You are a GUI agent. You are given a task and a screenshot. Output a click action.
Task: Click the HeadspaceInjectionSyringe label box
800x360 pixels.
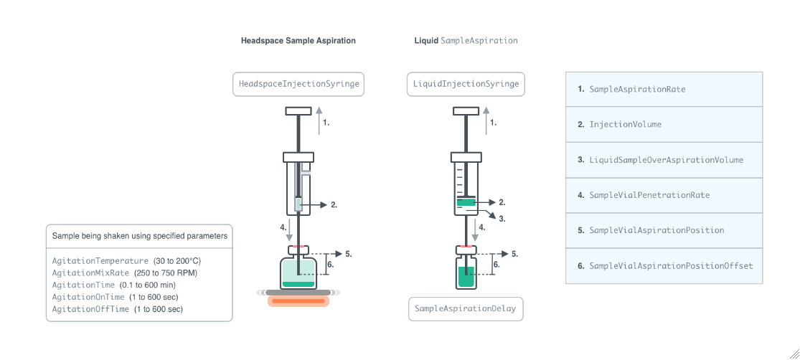[x=299, y=84]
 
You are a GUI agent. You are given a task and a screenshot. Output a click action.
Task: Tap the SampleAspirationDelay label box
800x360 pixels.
[x=466, y=309]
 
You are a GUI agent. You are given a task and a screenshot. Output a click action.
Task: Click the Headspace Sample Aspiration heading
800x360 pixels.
[x=298, y=41]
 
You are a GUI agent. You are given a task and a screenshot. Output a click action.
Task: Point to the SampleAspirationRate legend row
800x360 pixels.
[x=664, y=90]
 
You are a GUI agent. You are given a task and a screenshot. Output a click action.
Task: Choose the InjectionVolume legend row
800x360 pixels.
[x=664, y=125]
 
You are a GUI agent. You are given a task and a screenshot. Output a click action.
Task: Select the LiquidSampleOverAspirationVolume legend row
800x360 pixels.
[x=664, y=160]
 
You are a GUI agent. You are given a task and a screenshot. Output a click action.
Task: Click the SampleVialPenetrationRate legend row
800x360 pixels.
[x=664, y=195]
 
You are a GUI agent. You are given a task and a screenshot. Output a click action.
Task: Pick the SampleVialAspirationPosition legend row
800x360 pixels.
[x=664, y=230]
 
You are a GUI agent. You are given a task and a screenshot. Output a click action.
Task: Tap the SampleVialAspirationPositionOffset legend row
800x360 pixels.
[x=664, y=266]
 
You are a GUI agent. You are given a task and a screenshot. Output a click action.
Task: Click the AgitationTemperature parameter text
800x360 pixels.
[x=100, y=261]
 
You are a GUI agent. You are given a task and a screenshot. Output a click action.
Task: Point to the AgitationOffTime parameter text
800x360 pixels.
[x=90, y=309]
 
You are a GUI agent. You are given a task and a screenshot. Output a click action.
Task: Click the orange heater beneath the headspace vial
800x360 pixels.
[x=298, y=301]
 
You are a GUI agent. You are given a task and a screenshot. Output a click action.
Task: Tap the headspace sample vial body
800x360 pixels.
[x=298, y=273]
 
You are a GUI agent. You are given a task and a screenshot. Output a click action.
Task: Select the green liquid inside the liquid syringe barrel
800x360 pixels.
[x=466, y=203]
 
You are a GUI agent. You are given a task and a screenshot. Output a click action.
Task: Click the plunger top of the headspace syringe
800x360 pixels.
[x=298, y=110]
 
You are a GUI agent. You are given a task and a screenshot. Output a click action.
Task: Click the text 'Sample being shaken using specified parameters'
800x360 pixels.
[x=140, y=235]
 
